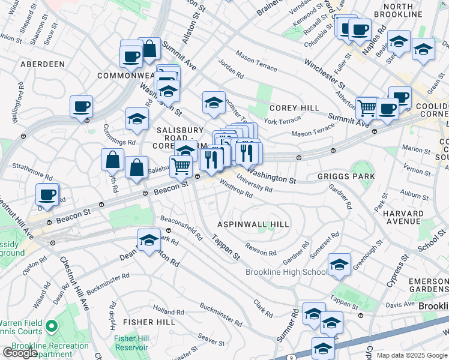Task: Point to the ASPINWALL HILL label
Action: pyautogui.click(x=254, y=224)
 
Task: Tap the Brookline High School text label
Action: pyautogui.click(x=286, y=272)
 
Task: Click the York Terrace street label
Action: pyautogui.click(x=282, y=121)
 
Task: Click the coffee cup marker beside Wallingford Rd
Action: pyautogui.click(x=81, y=107)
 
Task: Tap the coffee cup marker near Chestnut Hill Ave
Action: pyautogui.click(x=47, y=194)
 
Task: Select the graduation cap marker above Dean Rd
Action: pyautogui.click(x=148, y=241)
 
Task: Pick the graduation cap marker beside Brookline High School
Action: pyautogui.click(x=339, y=265)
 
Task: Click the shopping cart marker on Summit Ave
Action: pyautogui.click(x=367, y=109)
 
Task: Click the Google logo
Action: pyautogui.click(x=20, y=353)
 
